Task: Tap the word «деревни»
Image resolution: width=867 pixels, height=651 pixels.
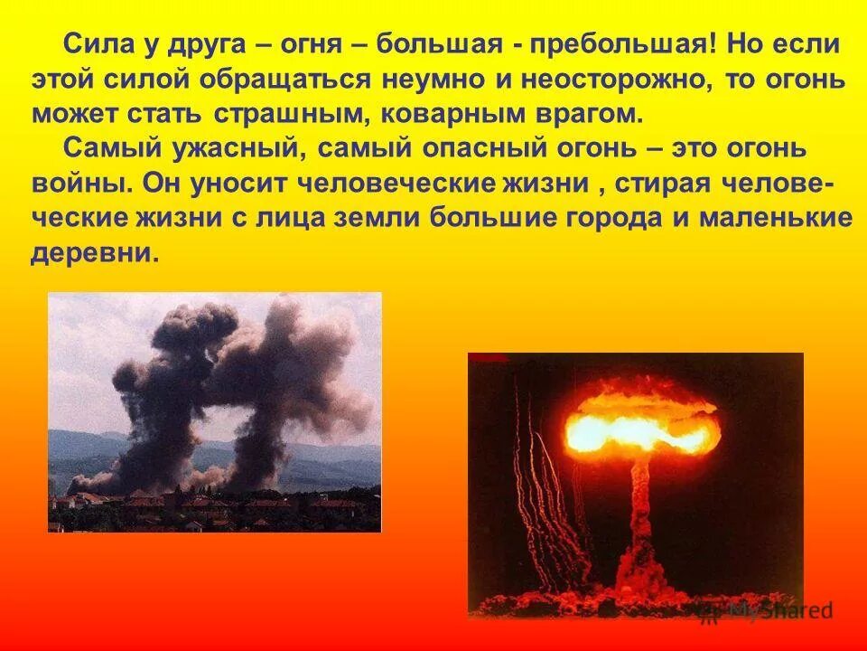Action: (94, 254)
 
